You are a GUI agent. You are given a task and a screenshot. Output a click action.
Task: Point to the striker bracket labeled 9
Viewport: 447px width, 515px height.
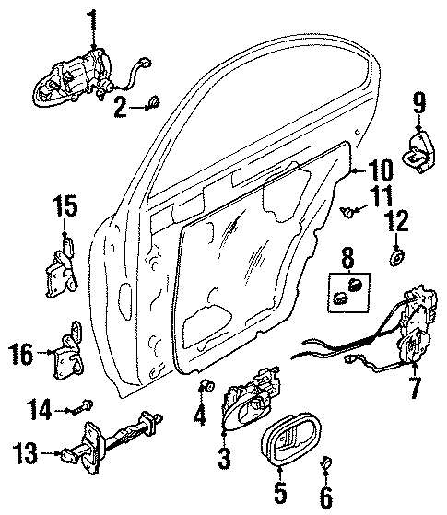418,150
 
